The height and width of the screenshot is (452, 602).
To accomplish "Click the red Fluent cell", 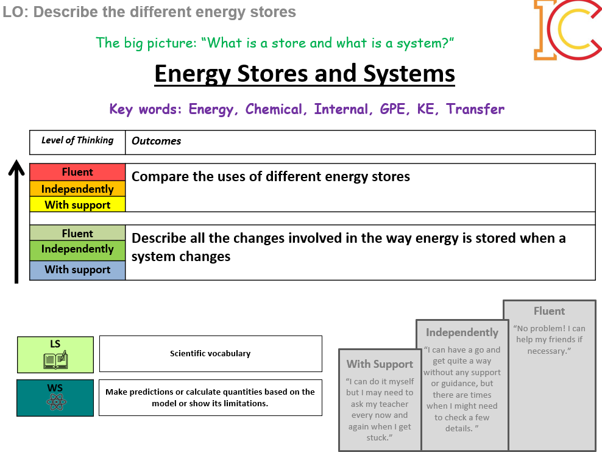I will (x=77, y=172).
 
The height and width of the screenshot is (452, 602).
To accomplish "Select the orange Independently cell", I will (x=77, y=189).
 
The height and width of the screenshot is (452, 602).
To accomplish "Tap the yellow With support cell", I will (x=77, y=205).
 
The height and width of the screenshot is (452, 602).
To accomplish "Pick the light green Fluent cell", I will (x=77, y=234).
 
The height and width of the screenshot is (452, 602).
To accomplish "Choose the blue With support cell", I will (x=77, y=270).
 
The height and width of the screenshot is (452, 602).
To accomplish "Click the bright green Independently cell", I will (x=77, y=249).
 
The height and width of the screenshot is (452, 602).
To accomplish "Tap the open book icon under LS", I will (x=55, y=361).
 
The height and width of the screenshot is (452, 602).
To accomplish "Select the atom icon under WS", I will (x=55, y=403).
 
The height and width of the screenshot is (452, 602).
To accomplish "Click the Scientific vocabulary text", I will (x=210, y=353).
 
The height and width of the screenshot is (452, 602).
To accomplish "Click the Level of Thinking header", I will (x=77, y=140).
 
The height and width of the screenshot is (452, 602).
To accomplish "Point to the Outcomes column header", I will (x=157, y=141).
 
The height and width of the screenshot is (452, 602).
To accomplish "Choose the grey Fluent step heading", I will (x=549, y=311).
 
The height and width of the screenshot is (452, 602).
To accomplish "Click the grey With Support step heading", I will (x=380, y=364).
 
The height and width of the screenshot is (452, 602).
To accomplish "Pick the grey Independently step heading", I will (x=462, y=332).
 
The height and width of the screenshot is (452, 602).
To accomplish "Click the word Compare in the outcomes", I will (x=156, y=177).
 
